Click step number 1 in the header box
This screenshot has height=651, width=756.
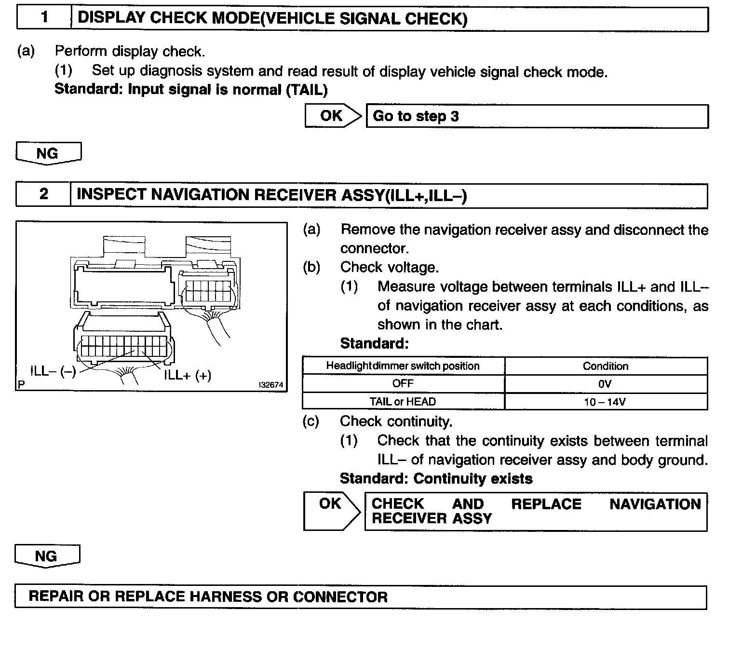44,18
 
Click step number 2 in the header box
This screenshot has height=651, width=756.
43,194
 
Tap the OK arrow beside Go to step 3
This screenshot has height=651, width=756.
332,116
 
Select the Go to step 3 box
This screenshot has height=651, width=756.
537,116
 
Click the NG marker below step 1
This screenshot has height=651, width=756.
48,153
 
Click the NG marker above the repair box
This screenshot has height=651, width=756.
46,556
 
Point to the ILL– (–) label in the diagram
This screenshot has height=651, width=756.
53,371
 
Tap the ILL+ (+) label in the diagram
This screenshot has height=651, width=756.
188,375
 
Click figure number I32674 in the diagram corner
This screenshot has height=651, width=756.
270,385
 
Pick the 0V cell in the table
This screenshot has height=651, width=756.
606,384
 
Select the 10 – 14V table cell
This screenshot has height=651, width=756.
606,402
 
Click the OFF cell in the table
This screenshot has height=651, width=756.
403,384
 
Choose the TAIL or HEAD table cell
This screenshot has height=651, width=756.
403,402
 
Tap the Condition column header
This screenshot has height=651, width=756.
606,366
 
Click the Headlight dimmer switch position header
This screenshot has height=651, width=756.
403,366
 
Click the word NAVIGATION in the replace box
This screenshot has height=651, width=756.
655,504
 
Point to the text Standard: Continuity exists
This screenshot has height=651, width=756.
436,478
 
